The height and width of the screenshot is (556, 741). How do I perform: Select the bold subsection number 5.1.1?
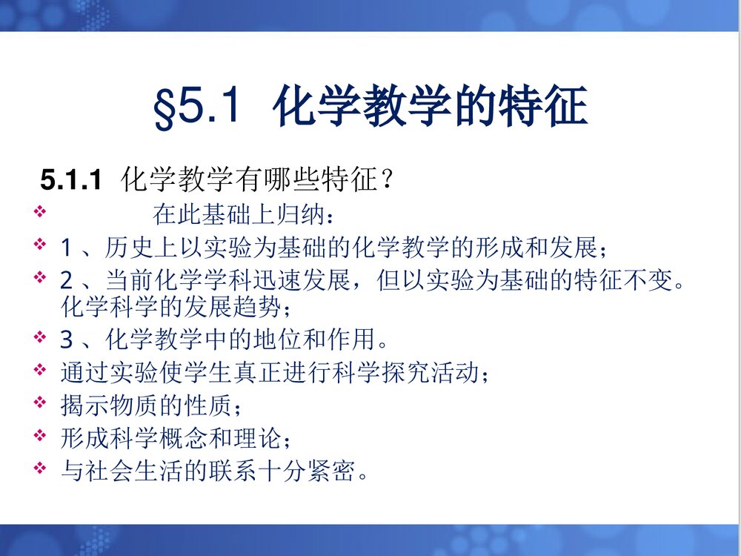pyautogui.click(x=70, y=180)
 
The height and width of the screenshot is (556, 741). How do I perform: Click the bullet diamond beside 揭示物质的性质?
pyautogui.click(x=40, y=403)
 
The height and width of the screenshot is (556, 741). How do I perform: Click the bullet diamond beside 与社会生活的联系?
pyautogui.click(x=40, y=468)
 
